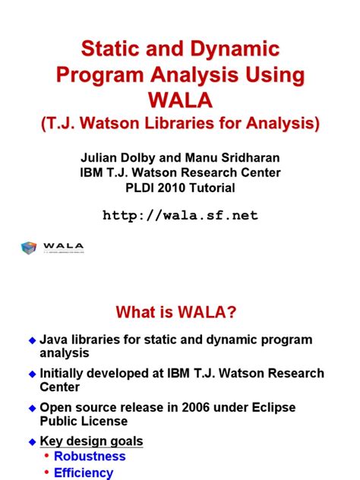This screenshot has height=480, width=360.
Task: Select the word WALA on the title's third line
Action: pyautogui.click(x=180, y=100)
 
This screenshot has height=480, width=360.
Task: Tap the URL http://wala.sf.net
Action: pyautogui.click(x=180, y=216)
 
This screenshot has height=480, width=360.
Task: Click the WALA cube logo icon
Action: pyautogui.click(x=28, y=248)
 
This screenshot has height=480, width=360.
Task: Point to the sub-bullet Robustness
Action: pyautogui.click(x=90, y=456)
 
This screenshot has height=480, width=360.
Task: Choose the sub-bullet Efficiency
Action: pyautogui.click(x=84, y=472)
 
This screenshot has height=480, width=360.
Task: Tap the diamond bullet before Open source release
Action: pyautogui.click(x=32, y=408)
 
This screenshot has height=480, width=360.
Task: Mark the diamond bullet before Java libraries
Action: pyautogui.click(x=32, y=340)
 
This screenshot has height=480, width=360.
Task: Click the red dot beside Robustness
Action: pyautogui.click(x=46, y=456)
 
